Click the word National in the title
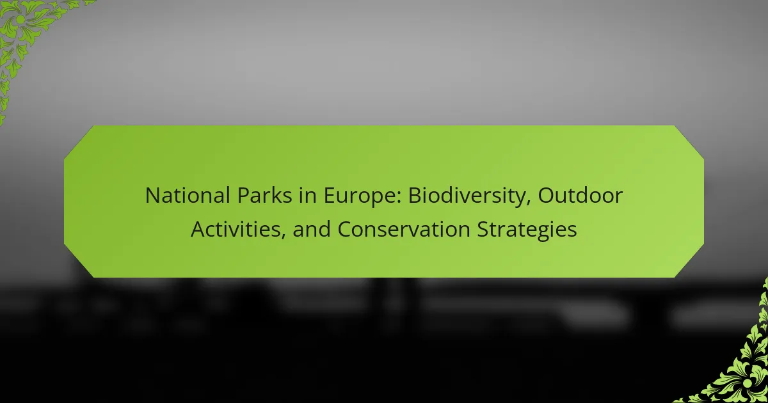(x=188, y=195)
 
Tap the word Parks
(x=265, y=195)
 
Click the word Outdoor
(x=580, y=195)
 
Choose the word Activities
(x=236, y=229)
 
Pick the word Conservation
(x=404, y=229)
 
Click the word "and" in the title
(x=311, y=229)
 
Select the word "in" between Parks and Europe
(x=308, y=195)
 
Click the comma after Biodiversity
(x=529, y=203)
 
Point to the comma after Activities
(x=283, y=237)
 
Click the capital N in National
(x=152, y=195)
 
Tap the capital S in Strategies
(x=483, y=229)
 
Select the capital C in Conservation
(x=345, y=229)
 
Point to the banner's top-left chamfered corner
(x=79, y=142)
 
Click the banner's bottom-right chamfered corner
(x=689, y=261)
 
